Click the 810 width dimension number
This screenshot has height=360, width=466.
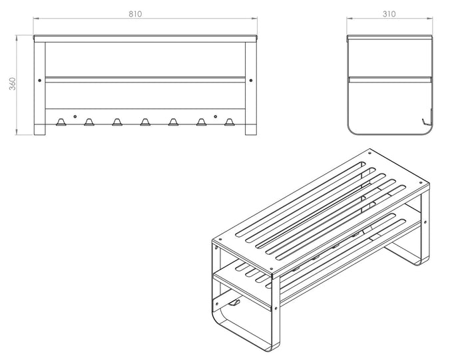[135, 14]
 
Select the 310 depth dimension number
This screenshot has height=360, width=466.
[389, 14]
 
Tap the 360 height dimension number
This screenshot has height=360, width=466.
[12, 84]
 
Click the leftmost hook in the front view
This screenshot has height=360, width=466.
[61, 122]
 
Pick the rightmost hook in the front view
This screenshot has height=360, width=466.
[229, 122]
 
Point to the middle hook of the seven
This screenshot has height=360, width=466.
[145, 122]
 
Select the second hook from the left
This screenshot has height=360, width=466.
[89, 122]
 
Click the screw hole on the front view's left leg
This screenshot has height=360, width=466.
[39, 81]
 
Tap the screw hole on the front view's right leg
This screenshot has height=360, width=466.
[251, 81]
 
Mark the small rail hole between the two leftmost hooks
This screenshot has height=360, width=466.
[75, 116]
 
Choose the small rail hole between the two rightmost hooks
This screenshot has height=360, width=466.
[216, 116]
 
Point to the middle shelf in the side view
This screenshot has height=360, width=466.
[390, 80]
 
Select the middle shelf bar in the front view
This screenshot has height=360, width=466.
[145, 80]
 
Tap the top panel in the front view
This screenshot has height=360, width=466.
[145, 39]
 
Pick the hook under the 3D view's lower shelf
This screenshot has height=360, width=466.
[234, 303]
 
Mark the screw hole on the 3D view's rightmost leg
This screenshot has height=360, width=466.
[425, 222]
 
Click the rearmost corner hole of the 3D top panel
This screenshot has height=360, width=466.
[369, 153]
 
